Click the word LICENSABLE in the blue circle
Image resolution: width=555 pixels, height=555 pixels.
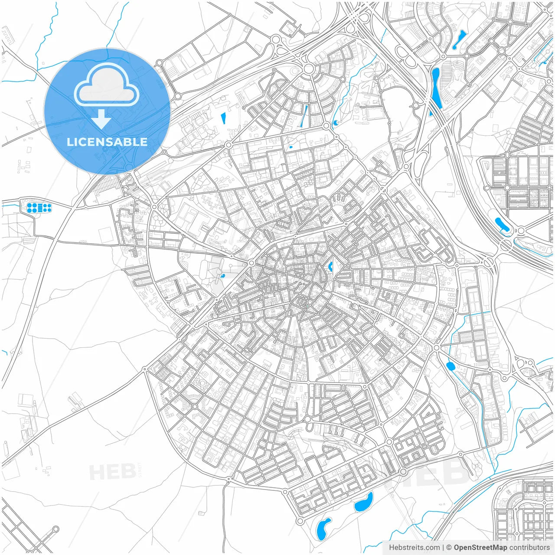coord(107,142)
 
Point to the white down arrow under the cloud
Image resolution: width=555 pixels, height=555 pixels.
coord(101,118)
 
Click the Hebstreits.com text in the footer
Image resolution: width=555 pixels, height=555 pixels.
coord(414,547)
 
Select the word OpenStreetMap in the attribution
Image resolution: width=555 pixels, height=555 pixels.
coord(480,547)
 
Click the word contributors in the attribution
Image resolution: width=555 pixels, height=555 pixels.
coord(529,547)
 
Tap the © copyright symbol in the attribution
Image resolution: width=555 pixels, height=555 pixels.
coord(449,547)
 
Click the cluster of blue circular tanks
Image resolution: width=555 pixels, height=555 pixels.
coord(39,208)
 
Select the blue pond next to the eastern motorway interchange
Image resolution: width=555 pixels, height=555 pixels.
coord(502,225)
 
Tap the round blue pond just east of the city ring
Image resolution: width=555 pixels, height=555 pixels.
coord(451,366)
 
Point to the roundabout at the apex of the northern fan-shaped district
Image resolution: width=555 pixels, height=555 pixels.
coord(309,69)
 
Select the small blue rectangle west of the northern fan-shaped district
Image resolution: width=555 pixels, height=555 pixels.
coord(224,118)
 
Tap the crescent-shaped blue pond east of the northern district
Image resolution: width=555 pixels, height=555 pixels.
coord(335,124)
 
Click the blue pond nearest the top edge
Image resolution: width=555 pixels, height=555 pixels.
coord(458,39)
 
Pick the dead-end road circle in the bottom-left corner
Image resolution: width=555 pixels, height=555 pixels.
coord(55,529)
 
